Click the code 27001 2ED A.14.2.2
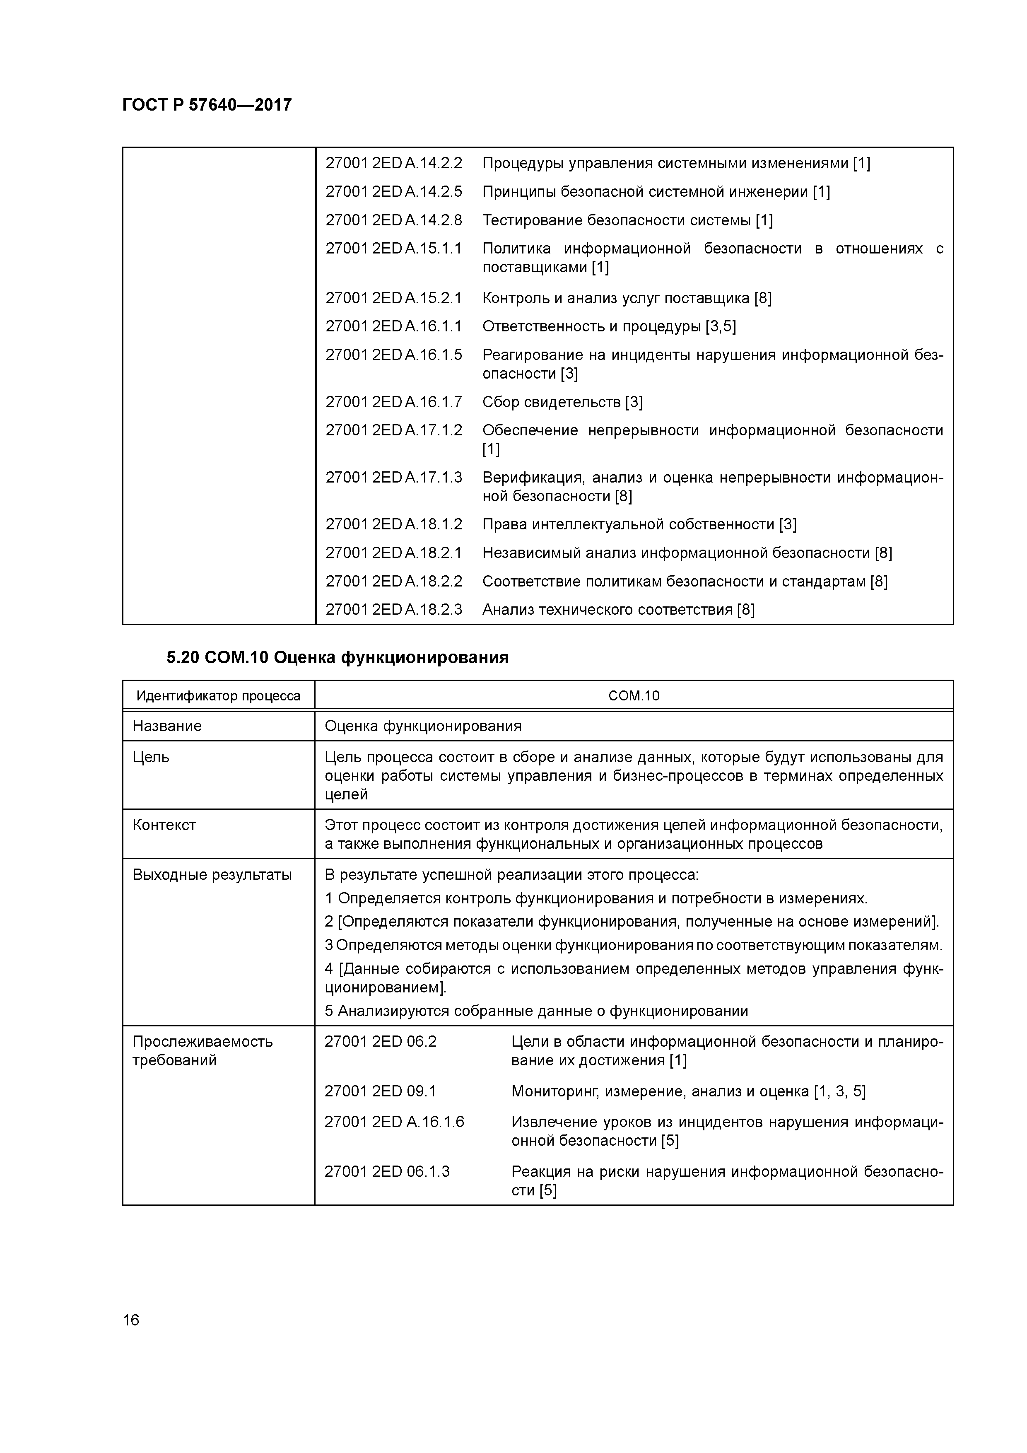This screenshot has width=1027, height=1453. coord(393,163)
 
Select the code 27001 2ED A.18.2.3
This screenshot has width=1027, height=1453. coord(393,609)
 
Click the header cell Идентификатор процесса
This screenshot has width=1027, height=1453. coord(218,696)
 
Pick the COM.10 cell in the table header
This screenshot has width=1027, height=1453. coord(634,696)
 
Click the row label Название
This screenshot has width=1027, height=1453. coord(167,726)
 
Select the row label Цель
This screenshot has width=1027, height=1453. coord(151,757)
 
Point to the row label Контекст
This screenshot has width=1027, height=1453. coord(164,825)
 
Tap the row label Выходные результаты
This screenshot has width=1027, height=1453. coord(212,875)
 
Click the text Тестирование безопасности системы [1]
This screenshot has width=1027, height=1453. coord(627,220)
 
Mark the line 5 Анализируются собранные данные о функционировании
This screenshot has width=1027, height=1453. coord(536,1011)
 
